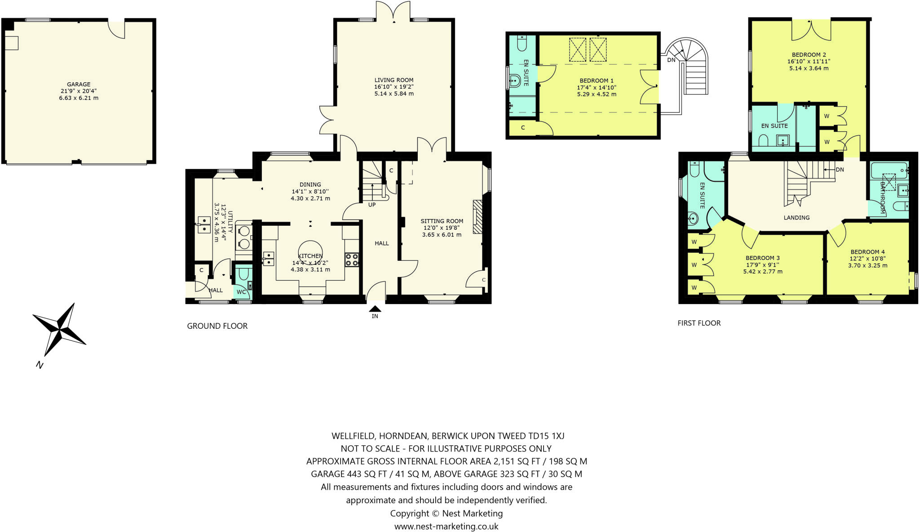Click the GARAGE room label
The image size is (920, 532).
(79, 84)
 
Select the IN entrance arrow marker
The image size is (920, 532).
(375, 309)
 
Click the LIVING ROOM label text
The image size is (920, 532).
(394, 80)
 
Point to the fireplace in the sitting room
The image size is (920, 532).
(478, 217)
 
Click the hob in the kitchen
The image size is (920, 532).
(352, 260)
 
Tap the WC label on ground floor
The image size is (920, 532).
(241, 292)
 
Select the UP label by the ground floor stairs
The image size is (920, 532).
(372, 205)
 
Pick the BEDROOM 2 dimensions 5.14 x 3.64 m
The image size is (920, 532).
(809, 68)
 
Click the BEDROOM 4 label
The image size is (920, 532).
(867, 252)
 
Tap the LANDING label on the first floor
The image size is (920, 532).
(796, 218)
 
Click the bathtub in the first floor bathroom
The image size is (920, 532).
(889, 171)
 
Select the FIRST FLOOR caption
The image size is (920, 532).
(699, 323)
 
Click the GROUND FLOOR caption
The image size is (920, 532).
(217, 326)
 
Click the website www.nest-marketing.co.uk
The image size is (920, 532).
(446, 526)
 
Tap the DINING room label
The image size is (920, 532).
(310, 184)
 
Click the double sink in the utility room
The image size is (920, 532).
(204, 225)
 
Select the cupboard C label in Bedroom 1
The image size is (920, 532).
(523, 128)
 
